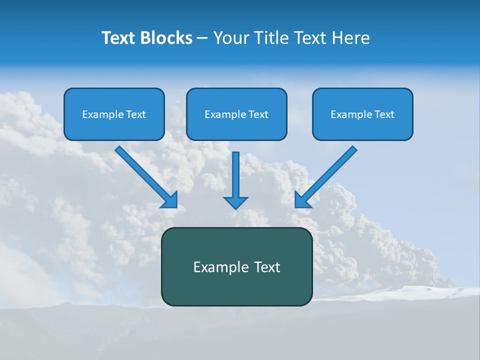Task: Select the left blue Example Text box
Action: pyautogui.click(x=114, y=114)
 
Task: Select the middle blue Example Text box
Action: pyautogui.click(x=236, y=114)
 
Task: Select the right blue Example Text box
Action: pyautogui.click(x=362, y=114)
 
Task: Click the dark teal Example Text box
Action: pyautogui.click(x=236, y=266)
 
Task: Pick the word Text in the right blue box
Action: pyautogui.click(x=384, y=114)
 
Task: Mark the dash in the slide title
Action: pyautogui.click(x=202, y=38)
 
